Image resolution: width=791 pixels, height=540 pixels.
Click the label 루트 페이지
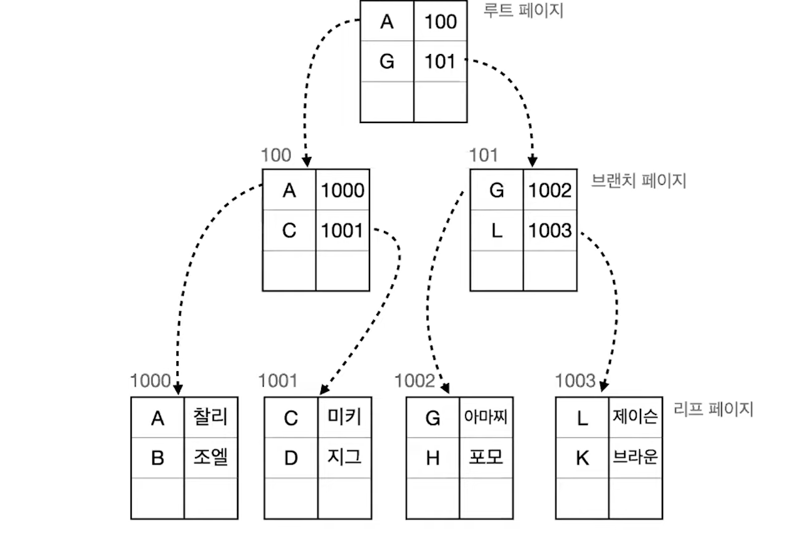pyautogui.click(x=524, y=11)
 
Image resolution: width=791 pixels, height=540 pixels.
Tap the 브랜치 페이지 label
pyautogui.click(x=639, y=181)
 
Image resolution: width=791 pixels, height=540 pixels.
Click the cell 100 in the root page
pyautogui.click(x=440, y=22)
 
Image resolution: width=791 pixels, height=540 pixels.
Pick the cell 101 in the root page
pyautogui.click(x=440, y=62)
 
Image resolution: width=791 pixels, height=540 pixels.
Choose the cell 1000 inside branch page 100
pyautogui.click(x=342, y=190)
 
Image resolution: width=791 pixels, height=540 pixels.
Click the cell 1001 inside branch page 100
pyautogui.click(x=342, y=230)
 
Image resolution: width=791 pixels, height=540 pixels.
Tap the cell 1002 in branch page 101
pyautogui.click(x=550, y=190)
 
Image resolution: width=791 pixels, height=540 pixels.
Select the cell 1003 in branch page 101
pyautogui.click(x=550, y=230)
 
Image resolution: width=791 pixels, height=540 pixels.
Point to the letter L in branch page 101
pyautogui.click(x=497, y=230)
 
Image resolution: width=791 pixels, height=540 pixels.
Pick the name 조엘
pyautogui.click(x=211, y=458)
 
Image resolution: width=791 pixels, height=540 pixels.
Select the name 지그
pyautogui.click(x=344, y=458)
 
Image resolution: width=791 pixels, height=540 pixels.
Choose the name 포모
pyautogui.click(x=486, y=458)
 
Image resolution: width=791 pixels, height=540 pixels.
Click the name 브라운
pyautogui.click(x=635, y=458)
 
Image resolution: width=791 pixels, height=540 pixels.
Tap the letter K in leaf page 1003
pyautogui.click(x=582, y=458)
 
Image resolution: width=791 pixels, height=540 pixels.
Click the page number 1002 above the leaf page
pyautogui.click(x=415, y=381)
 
